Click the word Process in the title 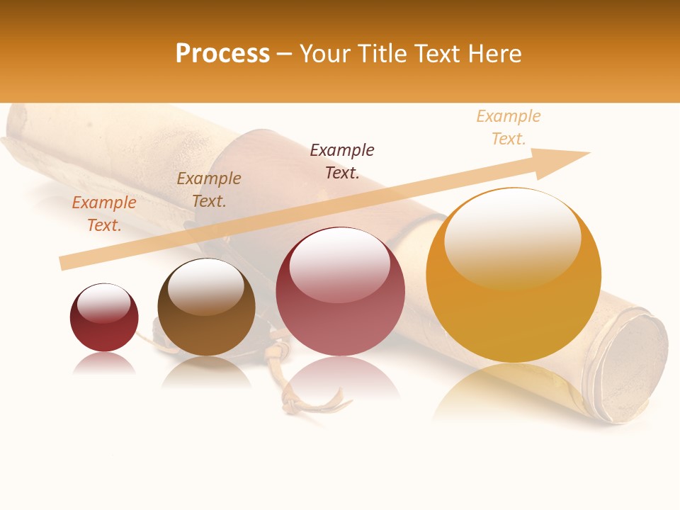pos(222,54)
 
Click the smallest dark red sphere pos(104,317)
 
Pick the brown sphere pos(206,307)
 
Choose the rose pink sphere pos(340,291)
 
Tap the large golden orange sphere pos(514,275)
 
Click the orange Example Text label pos(104,213)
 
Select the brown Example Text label pos(209,189)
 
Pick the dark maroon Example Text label pos(342,161)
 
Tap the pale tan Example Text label pos(509,127)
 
